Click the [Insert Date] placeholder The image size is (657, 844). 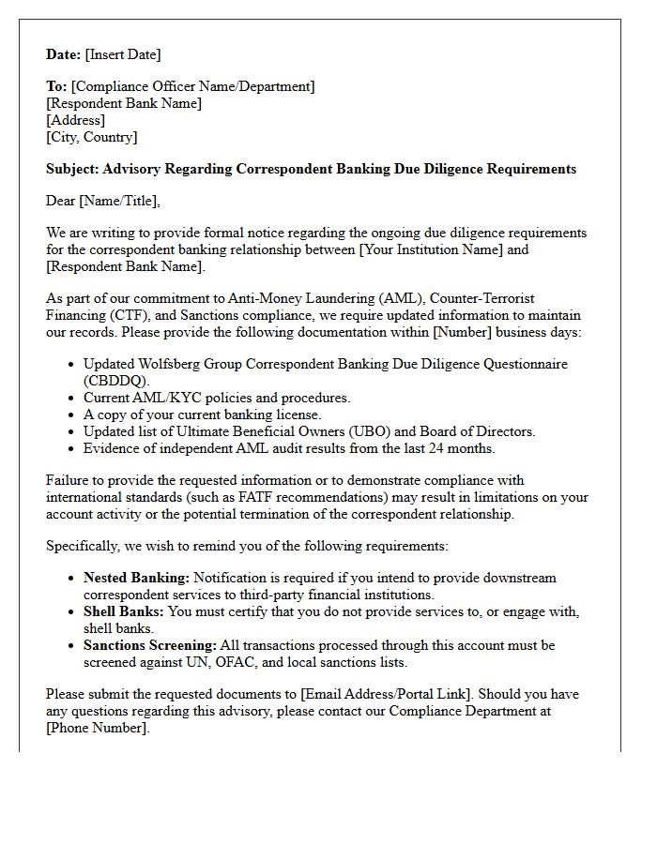pos(123,54)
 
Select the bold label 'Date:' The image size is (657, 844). pos(64,54)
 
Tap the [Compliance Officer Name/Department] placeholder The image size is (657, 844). pos(192,86)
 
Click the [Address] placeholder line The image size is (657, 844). pos(75,120)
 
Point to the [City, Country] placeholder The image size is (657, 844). pos(92,137)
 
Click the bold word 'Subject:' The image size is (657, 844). pos(72,170)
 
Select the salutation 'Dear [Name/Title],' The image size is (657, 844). pos(103,201)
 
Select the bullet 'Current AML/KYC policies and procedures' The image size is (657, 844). pos(217,398)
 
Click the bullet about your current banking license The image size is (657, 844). pos(202,414)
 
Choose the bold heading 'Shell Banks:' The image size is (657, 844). pos(123,612)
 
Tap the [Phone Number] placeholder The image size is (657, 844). pos(97,729)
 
